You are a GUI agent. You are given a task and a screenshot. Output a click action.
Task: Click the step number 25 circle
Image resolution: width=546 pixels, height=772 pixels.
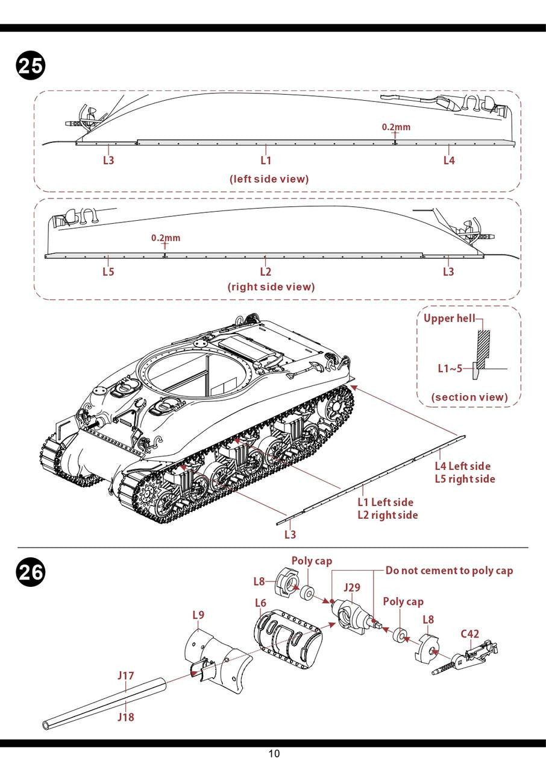click(x=30, y=66)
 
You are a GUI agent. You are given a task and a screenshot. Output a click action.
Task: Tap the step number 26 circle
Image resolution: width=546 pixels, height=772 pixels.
click(x=30, y=572)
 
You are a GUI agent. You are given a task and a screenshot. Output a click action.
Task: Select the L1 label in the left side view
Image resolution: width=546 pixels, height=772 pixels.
click(x=266, y=160)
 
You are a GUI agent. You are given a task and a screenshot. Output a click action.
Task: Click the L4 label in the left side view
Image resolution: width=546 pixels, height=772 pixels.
click(x=449, y=160)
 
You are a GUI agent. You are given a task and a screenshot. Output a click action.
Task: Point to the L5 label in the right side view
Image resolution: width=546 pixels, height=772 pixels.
click(x=108, y=271)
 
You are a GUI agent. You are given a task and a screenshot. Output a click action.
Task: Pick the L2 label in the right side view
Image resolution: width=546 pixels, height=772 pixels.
click(x=266, y=271)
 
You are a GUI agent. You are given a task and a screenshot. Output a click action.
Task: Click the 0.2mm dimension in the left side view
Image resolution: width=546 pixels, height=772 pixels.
click(x=396, y=127)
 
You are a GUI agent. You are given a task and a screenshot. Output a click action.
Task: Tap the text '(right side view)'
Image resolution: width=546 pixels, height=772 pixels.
click(x=271, y=287)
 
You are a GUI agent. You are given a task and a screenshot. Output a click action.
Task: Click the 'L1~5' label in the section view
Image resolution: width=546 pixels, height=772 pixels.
click(x=450, y=368)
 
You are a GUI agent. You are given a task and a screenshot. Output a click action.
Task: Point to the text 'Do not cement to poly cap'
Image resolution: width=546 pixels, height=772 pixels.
click(x=449, y=571)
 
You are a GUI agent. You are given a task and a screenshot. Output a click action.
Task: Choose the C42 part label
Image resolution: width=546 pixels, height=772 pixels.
click(x=470, y=634)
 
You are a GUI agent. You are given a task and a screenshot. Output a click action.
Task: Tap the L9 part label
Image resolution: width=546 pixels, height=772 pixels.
click(x=198, y=615)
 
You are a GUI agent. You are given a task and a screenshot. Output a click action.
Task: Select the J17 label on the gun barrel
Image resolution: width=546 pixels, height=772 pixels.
click(x=125, y=675)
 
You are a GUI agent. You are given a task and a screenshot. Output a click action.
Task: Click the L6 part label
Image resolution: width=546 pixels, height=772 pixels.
click(x=260, y=603)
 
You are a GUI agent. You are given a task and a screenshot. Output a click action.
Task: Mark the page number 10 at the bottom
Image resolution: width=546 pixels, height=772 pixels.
click(x=274, y=753)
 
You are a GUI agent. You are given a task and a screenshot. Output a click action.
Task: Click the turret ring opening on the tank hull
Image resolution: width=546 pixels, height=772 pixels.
click(x=193, y=373)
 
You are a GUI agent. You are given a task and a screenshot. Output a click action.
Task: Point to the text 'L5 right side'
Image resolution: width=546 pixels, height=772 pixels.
click(x=465, y=479)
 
